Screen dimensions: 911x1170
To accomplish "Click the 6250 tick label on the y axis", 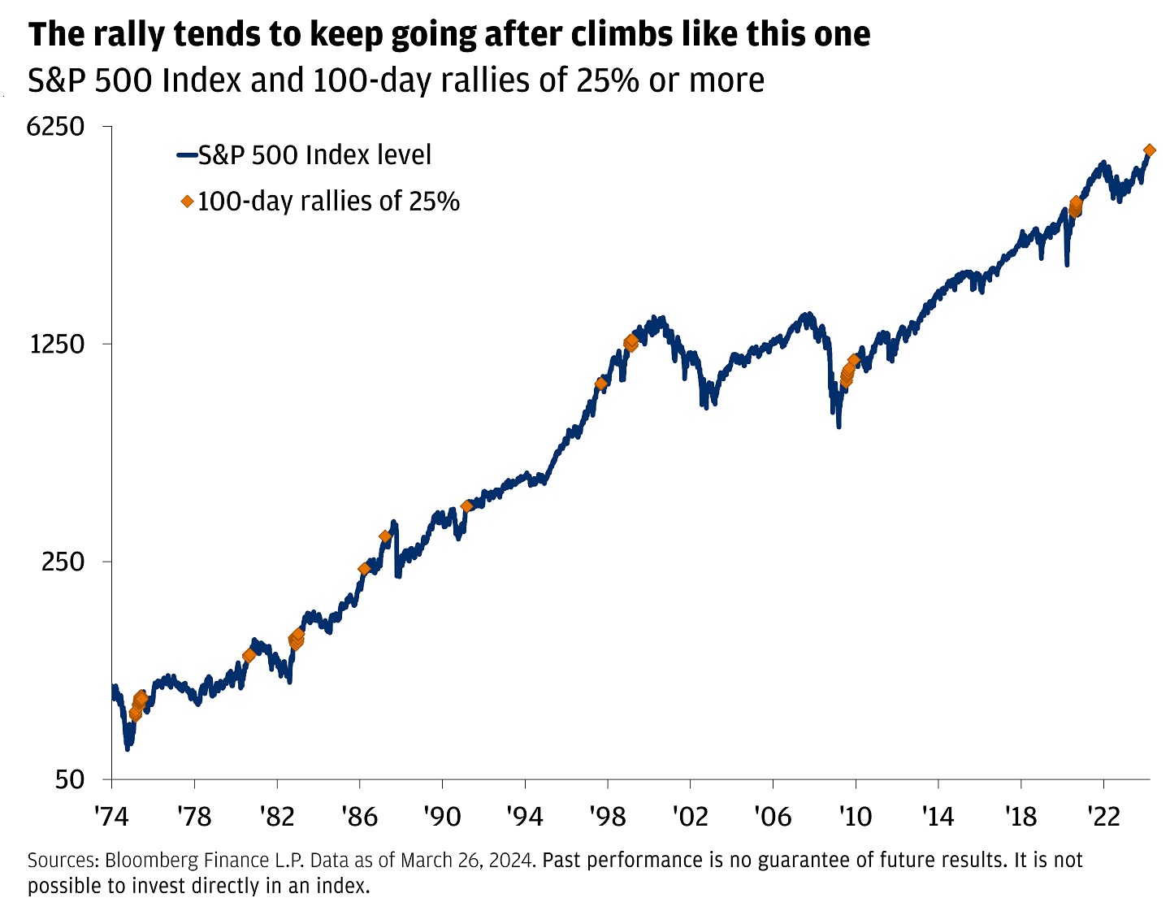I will pyautogui.click(x=55, y=127).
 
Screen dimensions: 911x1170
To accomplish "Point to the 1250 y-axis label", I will pyautogui.click(x=57, y=345).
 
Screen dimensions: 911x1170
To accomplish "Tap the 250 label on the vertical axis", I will pyautogui.click(x=63, y=562).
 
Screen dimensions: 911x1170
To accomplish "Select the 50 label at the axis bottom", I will pyautogui.click(x=70, y=779).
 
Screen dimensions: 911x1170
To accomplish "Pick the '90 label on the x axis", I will pyautogui.click(x=441, y=815).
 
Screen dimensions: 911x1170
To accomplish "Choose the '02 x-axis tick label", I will pyautogui.click(x=690, y=815).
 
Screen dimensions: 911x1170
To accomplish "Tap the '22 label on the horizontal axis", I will pyautogui.click(x=1103, y=815).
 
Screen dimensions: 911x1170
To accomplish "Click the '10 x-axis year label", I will pyautogui.click(x=855, y=815).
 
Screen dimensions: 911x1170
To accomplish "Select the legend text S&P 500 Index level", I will pyautogui.click(x=315, y=154).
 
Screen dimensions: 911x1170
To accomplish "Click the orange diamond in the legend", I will pyautogui.click(x=188, y=201).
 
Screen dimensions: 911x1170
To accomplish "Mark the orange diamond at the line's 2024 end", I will pyautogui.click(x=1149, y=150).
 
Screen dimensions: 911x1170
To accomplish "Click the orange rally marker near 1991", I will pyautogui.click(x=466, y=506).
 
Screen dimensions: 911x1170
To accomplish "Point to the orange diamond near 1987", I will pyautogui.click(x=385, y=536).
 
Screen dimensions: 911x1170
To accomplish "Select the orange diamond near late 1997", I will pyautogui.click(x=601, y=384).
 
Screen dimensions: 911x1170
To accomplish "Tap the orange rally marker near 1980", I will pyautogui.click(x=249, y=656).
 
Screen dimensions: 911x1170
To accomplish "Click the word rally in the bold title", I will pyautogui.click(x=127, y=35).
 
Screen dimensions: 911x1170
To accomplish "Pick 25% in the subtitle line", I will pyautogui.click(x=608, y=80).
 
